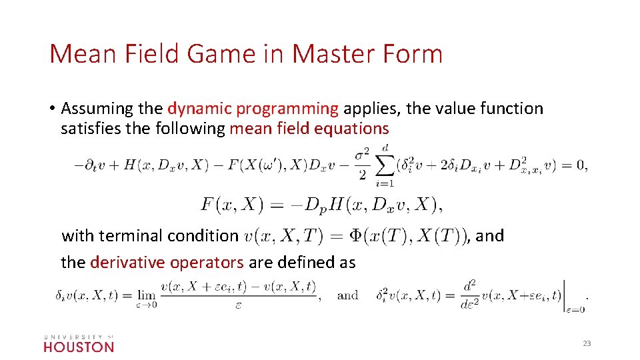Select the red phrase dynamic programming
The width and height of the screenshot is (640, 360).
253,109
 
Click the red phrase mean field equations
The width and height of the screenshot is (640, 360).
309,128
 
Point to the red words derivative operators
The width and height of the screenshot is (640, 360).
166,262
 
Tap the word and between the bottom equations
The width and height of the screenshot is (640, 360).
347,295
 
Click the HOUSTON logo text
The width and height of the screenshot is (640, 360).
79,347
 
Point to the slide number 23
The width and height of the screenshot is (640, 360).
587,343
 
